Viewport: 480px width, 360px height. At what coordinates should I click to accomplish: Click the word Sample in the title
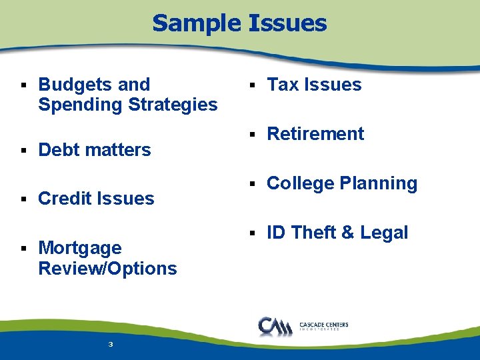tap(197, 23)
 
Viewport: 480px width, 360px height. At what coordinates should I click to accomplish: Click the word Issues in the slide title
tap(287, 23)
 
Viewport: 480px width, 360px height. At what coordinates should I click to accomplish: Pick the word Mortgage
tap(80, 249)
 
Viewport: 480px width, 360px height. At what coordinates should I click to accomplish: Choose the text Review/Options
tap(107, 269)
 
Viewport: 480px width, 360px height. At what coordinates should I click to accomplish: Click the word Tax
tap(283, 85)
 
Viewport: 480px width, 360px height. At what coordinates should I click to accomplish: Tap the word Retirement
tap(315, 134)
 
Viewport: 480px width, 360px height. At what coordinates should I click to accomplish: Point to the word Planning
tap(380, 183)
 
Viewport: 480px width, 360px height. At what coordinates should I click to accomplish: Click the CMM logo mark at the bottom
tap(274, 326)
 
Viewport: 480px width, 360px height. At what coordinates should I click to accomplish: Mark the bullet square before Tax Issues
tap(253, 85)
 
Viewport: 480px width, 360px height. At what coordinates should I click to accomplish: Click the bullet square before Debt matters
tap(24, 151)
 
